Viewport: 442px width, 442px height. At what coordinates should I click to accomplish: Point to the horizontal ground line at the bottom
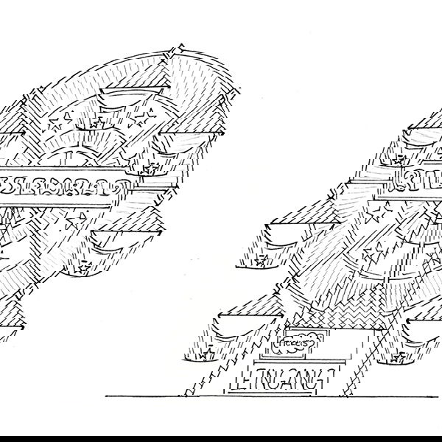[x=221, y=396]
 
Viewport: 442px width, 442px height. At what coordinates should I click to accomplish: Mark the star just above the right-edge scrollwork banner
[x=401, y=158]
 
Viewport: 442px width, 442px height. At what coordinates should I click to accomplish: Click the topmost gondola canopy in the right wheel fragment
[x=424, y=131]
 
